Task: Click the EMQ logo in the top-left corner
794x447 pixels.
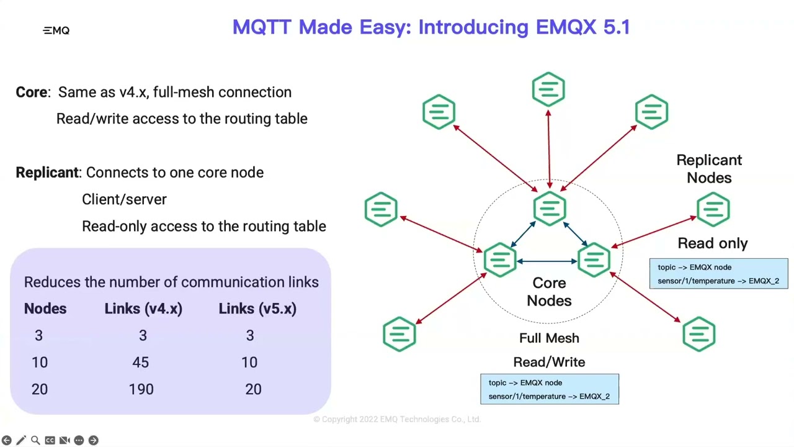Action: coord(56,30)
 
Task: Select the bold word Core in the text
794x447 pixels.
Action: coord(32,92)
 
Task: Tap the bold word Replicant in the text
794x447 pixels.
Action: coord(47,173)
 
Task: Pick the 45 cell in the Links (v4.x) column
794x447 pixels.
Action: coord(141,363)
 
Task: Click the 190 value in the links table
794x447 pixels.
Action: coord(141,389)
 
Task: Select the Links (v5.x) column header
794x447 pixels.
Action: coord(257,309)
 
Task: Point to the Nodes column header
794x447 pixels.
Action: coord(45,309)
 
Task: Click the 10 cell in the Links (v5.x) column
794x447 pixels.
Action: coord(249,363)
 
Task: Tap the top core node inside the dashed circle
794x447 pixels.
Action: coord(549,208)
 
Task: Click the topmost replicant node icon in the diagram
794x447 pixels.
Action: coord(548,89)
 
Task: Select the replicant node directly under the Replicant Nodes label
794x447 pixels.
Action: coord(713,209)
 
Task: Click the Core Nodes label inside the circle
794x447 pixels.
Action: coord(549,292)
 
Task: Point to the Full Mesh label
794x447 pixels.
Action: coord(549,338)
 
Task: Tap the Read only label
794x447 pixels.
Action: coord(713,243)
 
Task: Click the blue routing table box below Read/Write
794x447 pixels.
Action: coord(549,389)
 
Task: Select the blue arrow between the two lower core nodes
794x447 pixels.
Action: coord(547,261)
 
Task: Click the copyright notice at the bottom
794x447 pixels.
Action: coord(397,420)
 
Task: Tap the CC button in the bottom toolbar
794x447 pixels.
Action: coord(50,440)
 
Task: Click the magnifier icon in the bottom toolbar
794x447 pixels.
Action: coord(35,440)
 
